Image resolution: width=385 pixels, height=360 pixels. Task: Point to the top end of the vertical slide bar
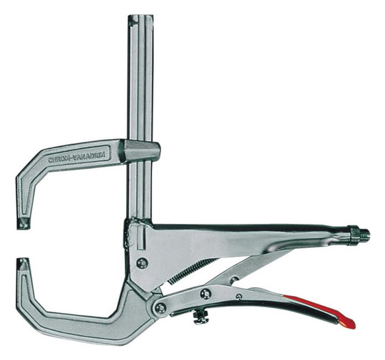138,17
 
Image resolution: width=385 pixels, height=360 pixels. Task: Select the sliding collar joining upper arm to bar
138,151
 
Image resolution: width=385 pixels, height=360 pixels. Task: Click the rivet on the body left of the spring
143,262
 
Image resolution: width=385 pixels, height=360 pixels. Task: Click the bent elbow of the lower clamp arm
32,314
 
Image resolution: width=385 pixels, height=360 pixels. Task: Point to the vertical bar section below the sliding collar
138,189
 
